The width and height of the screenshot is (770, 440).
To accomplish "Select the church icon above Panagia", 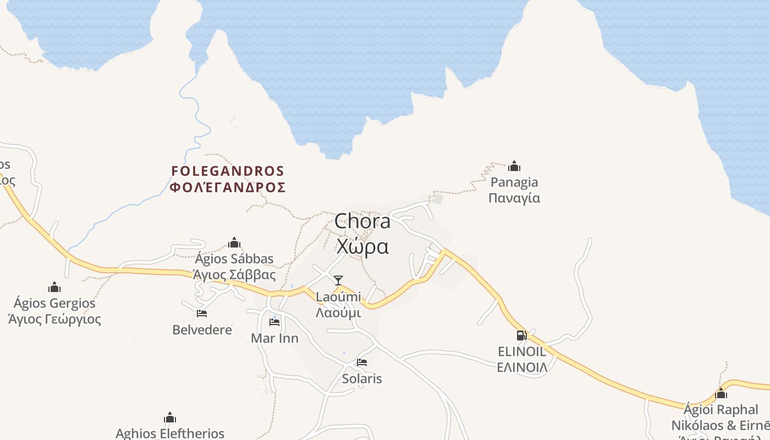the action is pos(514,166).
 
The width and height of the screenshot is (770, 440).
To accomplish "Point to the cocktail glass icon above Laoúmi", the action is pos(338,280).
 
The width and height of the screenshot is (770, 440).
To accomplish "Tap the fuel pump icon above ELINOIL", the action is pos(521,335).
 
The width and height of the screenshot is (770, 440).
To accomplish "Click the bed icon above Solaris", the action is pos(362,362).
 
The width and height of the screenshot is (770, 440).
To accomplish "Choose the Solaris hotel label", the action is pos(362,379).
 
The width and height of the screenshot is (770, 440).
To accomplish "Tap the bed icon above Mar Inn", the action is pos(274,322).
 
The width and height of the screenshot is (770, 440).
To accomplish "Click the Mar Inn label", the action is pos(274,338).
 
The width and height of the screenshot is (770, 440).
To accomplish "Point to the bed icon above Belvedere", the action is pos(202,313).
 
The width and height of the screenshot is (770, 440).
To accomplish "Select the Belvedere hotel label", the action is pos(202,330).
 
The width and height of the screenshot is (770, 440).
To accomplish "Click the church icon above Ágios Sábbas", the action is pos(234,243).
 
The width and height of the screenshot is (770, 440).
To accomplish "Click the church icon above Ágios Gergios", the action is pos(54,287).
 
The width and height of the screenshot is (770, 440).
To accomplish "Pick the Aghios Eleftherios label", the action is pos(170,433).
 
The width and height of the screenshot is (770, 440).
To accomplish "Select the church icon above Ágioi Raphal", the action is pos(721,394).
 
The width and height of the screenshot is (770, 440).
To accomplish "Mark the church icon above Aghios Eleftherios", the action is pos(170,417).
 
